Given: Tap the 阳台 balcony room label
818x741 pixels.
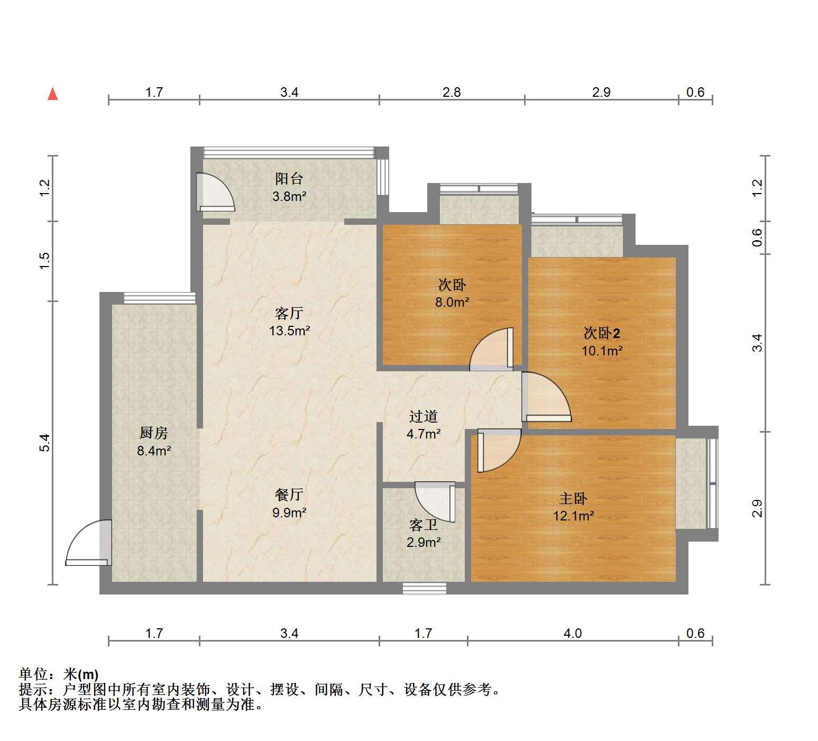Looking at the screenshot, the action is [x=289, y=179].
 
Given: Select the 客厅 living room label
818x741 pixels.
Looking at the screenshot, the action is [x=289, y=314].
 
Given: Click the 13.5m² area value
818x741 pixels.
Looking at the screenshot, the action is [x=289, y=331].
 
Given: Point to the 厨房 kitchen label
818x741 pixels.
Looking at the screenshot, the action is [x=154, y=433].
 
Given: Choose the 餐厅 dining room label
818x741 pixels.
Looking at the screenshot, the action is [x=289, y=495].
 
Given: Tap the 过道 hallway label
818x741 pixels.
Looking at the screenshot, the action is [x=424, y=417].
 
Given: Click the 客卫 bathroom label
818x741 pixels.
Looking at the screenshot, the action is [x=424, y=525].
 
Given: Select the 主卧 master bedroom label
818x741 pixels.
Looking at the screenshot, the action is [x=574, y=498].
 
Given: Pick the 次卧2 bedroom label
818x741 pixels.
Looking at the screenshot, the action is [x=602, y=333].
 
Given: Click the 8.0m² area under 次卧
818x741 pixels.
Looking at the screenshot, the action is [x=452, y=303].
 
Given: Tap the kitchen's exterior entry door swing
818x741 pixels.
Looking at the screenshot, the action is [x=89, y=543].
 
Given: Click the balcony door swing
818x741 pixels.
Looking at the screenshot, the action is [x=215, y=191].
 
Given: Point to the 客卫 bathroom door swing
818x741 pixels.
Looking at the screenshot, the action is [x=435, y=501].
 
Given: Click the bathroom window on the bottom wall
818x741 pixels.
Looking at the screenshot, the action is [x=424, y=588].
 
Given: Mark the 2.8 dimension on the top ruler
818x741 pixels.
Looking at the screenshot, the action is [x=452, y=93].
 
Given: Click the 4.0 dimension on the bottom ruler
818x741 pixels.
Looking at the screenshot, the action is [x=573, y=633].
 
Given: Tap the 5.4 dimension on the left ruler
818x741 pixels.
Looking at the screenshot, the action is [x=45, y=442].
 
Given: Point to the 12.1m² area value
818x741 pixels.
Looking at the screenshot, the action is [x=574, y=516].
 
